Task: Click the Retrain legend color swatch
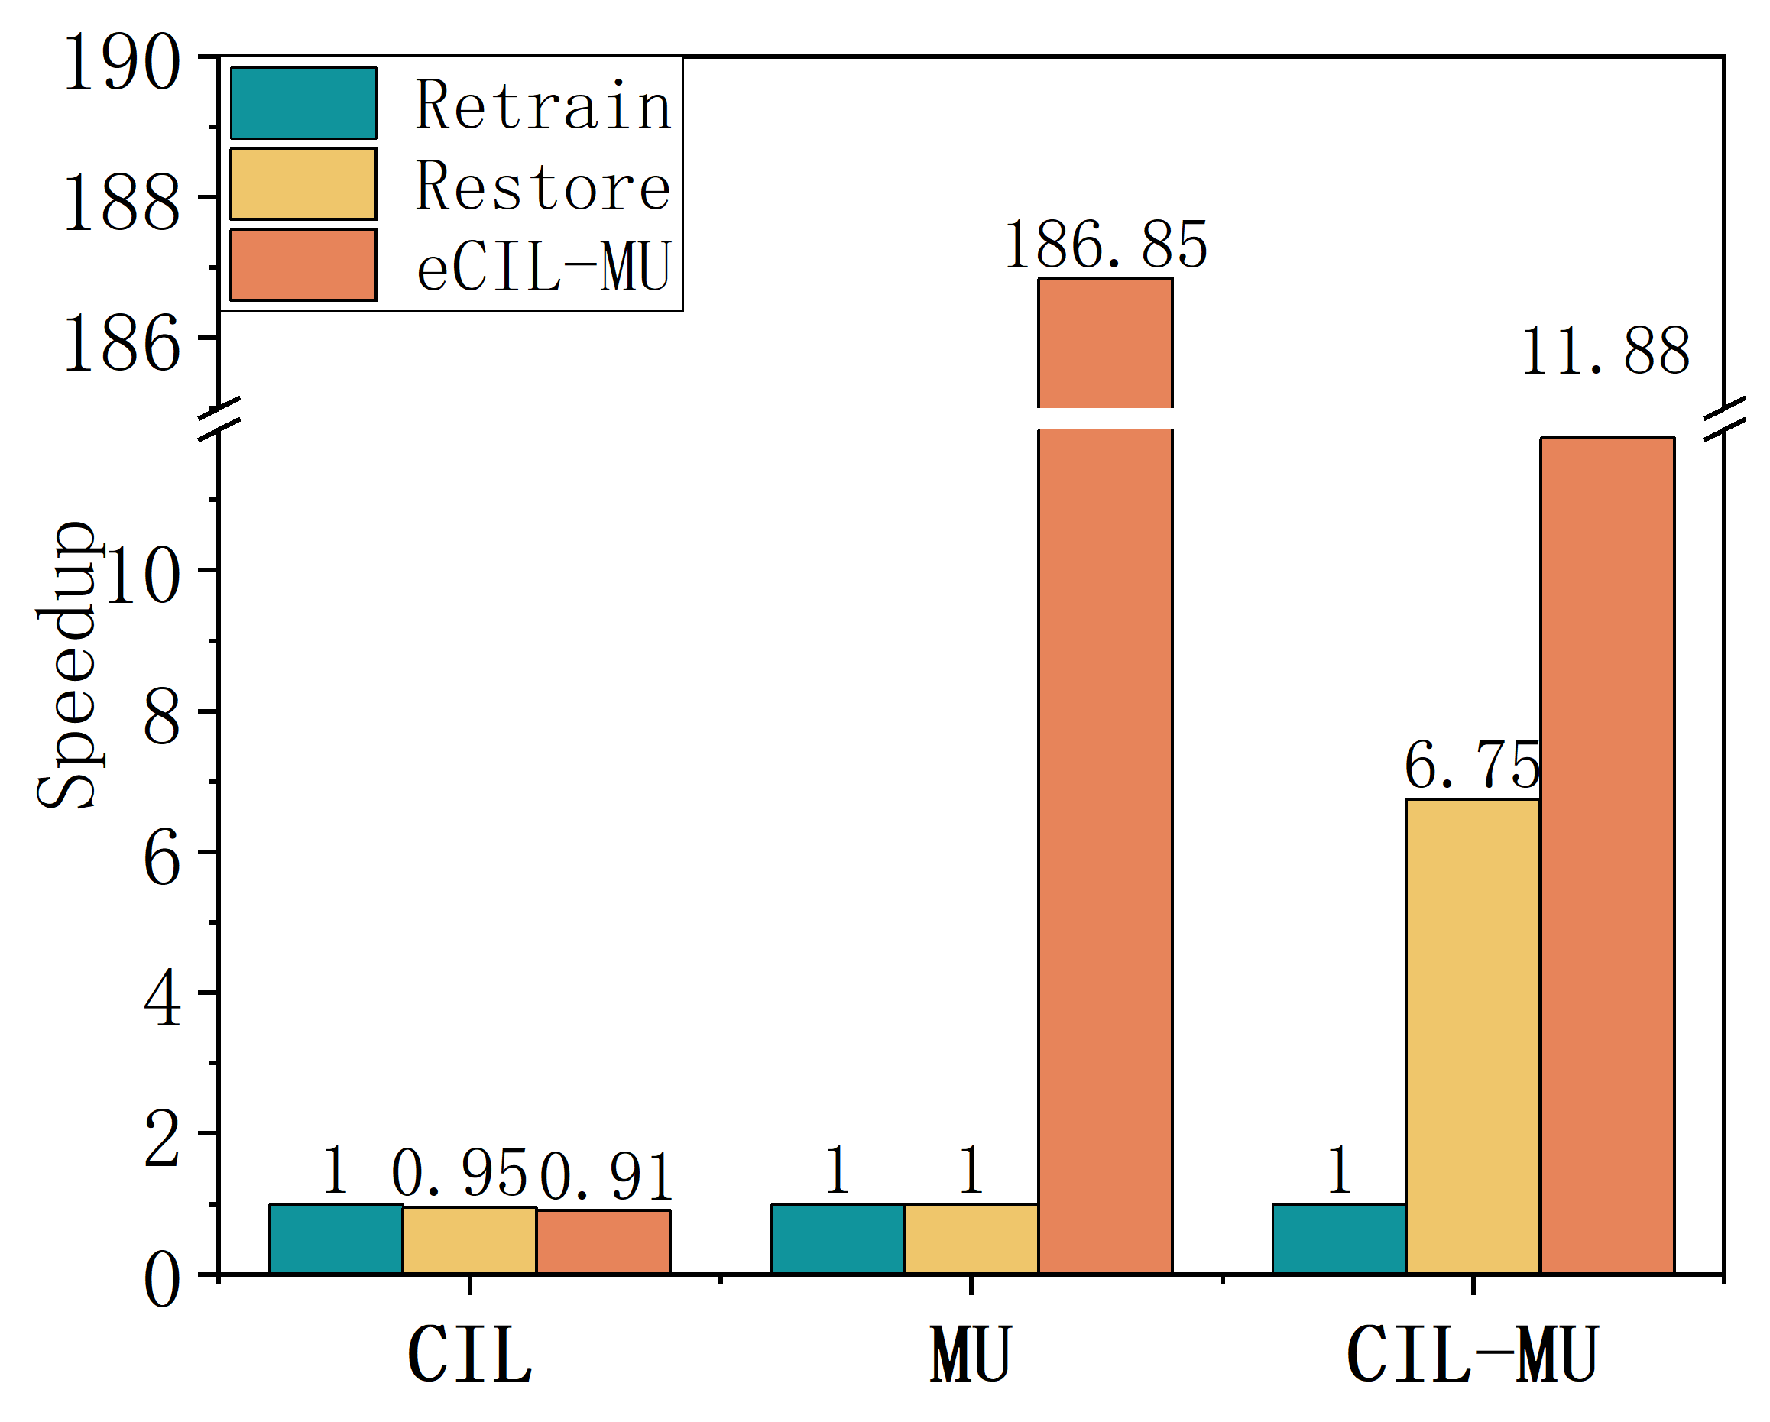coord(303,102)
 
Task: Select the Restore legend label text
coord(543,186)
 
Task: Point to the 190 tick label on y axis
coord(121,63)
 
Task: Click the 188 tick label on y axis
coord(121,202)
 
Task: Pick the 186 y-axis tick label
coord(121,344)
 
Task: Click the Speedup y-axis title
coord(67,665)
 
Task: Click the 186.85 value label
coord(1105,245)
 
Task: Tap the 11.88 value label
coord(1605,351)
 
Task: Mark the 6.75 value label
coord(1472,765)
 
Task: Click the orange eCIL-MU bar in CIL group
coord(604,1242)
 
